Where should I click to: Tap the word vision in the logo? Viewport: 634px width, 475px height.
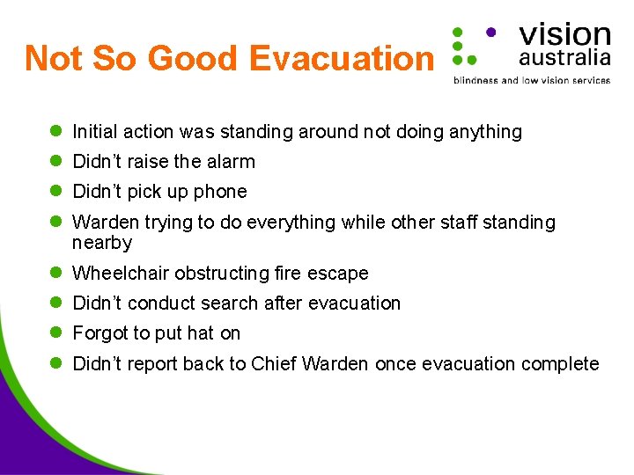click(x=564, y=34)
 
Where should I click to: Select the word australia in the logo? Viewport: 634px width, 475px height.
click(x=564, y=58)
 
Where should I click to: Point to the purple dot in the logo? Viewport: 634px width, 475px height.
click(x=490, y=31)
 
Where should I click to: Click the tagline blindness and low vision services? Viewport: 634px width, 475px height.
click(x=531, y=80)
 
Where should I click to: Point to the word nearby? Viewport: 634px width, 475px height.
click(x=102, y=243)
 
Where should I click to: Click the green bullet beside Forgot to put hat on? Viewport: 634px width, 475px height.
click(x=54, y=333)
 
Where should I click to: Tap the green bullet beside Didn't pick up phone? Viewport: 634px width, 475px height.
click(x=54, y=192)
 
